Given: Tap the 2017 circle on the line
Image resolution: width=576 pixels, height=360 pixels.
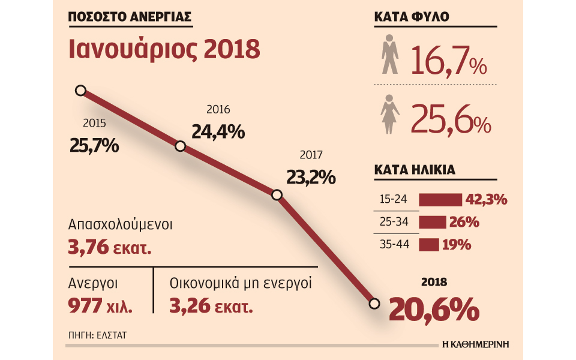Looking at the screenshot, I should pos(277,195).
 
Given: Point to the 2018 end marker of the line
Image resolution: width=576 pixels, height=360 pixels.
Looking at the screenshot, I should pos(374,304).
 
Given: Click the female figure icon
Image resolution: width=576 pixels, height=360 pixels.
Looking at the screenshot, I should pos(391,114).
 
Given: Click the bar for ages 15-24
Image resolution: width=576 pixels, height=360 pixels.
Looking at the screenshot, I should pos(440,200).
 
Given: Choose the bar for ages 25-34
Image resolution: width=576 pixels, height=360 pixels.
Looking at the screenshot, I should pos(433,223).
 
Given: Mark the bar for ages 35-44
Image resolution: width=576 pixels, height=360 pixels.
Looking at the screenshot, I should pos(428,245).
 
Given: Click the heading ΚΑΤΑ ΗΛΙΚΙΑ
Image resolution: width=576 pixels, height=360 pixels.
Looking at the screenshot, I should pos(414,170).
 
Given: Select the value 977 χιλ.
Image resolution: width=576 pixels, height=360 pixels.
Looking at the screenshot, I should pos(101,307).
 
